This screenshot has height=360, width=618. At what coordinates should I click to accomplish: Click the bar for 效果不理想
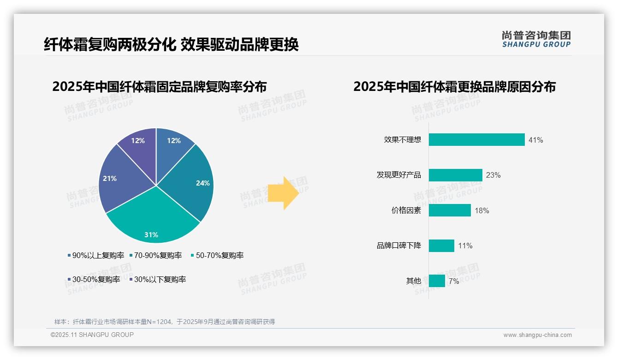coord(476,140)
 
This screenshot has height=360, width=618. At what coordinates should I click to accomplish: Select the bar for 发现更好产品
coord(455,175)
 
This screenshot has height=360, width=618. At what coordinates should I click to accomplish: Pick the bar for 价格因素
coord(450,210)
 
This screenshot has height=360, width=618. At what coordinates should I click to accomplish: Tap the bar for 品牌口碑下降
coord(441,246)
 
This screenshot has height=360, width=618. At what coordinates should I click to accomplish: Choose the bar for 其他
coord(437,281)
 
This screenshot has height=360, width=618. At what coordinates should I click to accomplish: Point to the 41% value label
coord(536,140)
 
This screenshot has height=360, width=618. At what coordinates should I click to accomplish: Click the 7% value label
coord(454,281)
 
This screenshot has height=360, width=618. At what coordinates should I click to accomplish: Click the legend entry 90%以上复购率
coord(96,255)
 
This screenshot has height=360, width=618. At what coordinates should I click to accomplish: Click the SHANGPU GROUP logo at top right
coord(536,39)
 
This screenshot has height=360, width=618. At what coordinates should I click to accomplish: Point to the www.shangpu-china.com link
coord(537,335)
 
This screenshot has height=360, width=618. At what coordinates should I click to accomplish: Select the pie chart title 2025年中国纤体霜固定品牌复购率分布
coord(159,87)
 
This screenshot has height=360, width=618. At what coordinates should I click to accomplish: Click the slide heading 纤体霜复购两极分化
coord(110,45)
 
